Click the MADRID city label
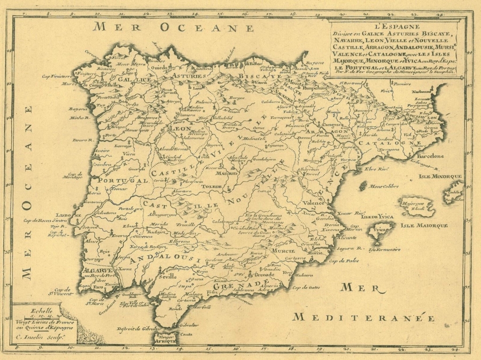click(x=224, y=173)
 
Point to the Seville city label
click(x=171, y=276)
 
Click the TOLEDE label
click(x=211, y=186)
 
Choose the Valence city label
click(x=314, y=203)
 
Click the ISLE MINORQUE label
click(x=440, y=176)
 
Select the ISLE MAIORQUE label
click(x=424, y=226)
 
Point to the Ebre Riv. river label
click(x=378, y=169)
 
